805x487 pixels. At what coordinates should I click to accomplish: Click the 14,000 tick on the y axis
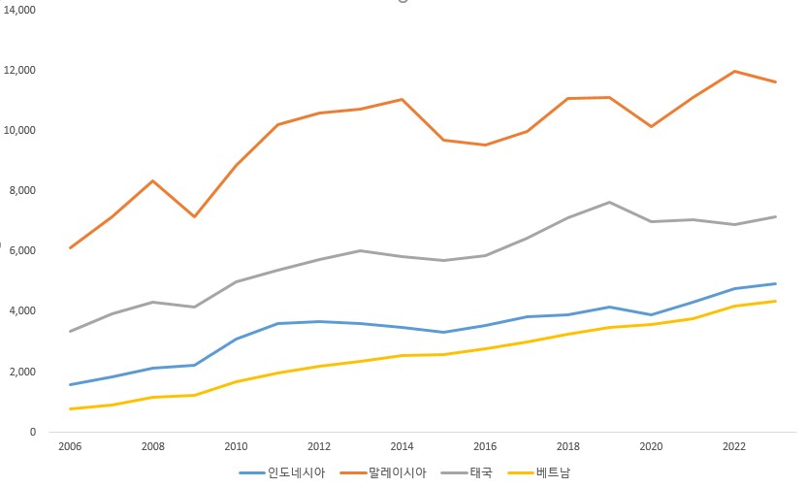[x=19, y=10]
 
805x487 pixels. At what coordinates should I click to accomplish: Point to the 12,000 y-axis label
[x=19, y=70]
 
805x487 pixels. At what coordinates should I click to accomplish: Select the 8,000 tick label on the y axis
[x=21, y=191]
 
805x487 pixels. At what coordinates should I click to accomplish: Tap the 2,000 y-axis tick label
[x=21, y=372]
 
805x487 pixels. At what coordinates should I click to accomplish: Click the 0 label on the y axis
[x=32, y=432]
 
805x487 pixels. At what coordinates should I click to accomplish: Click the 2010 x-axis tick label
[x=236, y=447]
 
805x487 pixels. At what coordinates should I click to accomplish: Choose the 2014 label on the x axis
[x=402, y=447]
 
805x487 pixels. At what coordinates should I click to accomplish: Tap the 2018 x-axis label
[x=567, y=447]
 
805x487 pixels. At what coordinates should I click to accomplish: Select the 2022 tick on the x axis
[x=733, y=447]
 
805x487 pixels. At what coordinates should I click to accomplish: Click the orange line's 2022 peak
[x=733, y=71]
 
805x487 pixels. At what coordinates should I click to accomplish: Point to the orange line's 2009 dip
[x=195, y=216]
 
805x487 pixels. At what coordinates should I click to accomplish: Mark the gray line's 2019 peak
[x=609, y=202]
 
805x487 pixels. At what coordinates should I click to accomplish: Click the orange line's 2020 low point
[x=651, y=126]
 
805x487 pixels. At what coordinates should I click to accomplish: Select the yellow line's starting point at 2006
[x=71, y=408]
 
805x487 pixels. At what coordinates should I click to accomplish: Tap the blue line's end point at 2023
[x=775, y=283]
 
